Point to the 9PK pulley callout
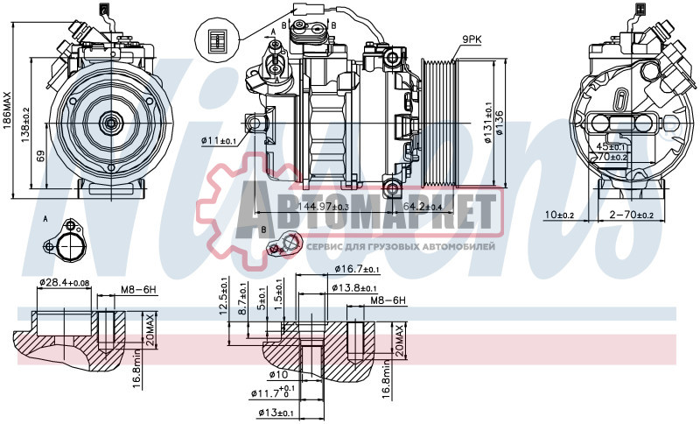click(472, 39)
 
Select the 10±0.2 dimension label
click(558, 215)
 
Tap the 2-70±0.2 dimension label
click(630, 215)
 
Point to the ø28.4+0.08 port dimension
click(64, 282)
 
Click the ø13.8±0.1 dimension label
click(354, 288)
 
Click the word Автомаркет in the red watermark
click(350, 213)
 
